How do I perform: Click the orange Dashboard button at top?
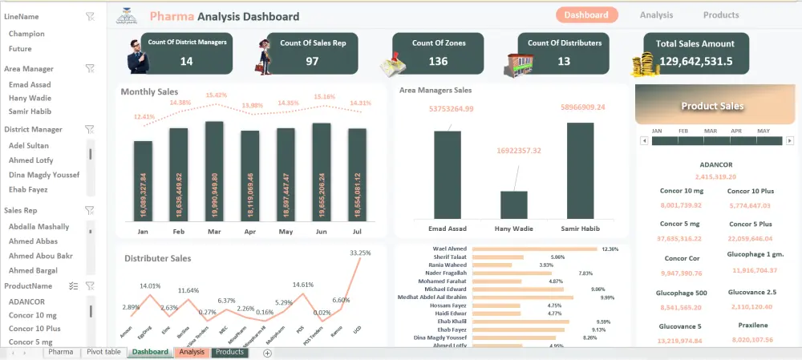[x=586, y=15]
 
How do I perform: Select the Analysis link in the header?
[x=656, y=15]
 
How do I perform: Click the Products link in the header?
[x=721, y=15]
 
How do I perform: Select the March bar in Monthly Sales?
[x=214, y=172]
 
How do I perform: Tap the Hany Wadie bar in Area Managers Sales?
[x=514, y=204]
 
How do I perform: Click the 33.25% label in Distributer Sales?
[x=360, y=253]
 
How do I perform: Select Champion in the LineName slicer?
[x=26, y=34]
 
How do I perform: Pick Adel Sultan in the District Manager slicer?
[x=29, y=146]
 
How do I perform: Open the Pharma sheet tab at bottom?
[x=60, y=353]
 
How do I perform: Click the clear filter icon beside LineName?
[x=90, y=16]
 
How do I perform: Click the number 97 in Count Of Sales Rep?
[x=312, y=61]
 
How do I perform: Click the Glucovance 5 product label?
[x=680, y=326]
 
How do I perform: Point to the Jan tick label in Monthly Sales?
[x=143, y=232]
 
